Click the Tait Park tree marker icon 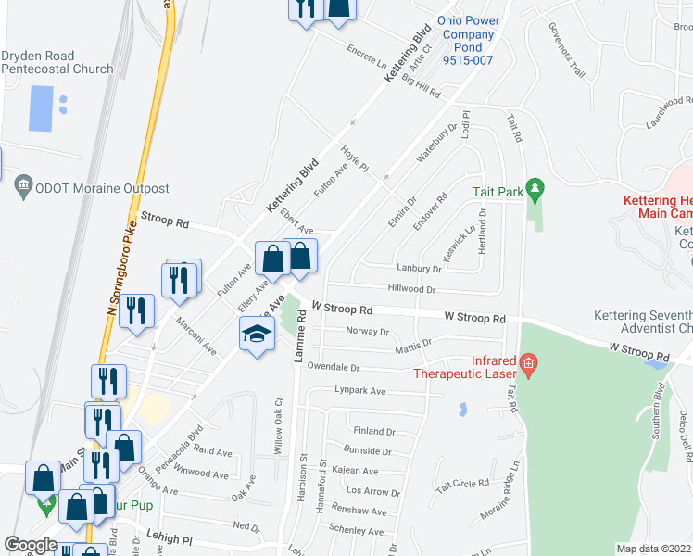(534, 190)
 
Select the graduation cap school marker (257, 334)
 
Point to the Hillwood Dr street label (412, 289)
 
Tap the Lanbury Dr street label (419, 269)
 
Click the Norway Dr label (367, 331)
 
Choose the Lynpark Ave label (359, 391)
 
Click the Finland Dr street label (374, 431)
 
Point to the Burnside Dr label (368, 451)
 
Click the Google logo (31, 545)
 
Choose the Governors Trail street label (567, 50)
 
